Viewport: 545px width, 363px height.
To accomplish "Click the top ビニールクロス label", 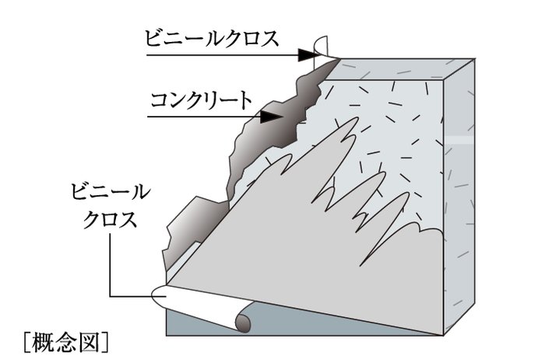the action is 211,39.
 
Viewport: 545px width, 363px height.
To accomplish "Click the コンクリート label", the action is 202,100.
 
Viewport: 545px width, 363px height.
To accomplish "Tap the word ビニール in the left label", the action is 111,192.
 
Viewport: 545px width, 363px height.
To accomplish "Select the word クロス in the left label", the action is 111,219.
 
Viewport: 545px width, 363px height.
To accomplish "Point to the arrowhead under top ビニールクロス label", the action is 307,55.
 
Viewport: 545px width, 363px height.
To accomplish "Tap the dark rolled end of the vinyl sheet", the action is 243,323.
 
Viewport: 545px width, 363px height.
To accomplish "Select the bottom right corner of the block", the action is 444,335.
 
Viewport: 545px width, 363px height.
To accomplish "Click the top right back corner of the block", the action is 474,59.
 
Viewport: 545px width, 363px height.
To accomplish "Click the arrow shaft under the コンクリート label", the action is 204,117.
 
